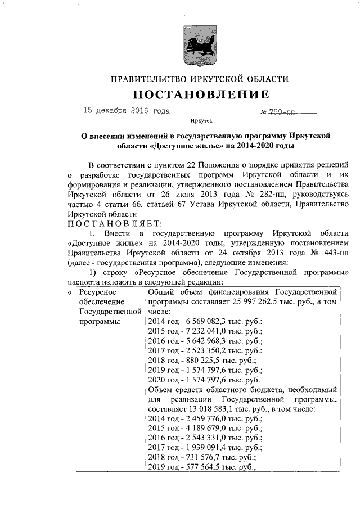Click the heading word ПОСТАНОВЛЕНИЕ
pyautogui.click(x=201, y=94)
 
